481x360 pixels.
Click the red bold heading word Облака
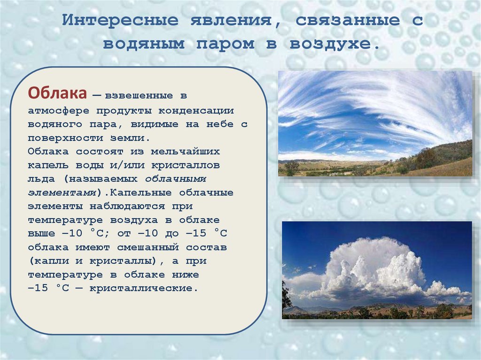coord(57,93)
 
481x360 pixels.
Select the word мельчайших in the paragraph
coord(185,152)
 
